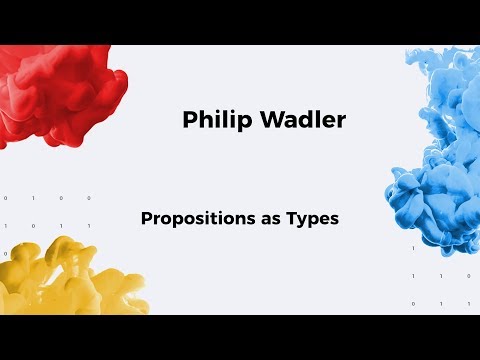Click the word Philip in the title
(x=211, y=120)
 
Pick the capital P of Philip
(x=190, y=120)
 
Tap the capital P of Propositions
(x=147, y=216)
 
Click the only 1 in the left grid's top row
(x=33, y=198)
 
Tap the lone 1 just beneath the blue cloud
(x=413, y=247)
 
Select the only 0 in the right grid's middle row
(x=468, y=275)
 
